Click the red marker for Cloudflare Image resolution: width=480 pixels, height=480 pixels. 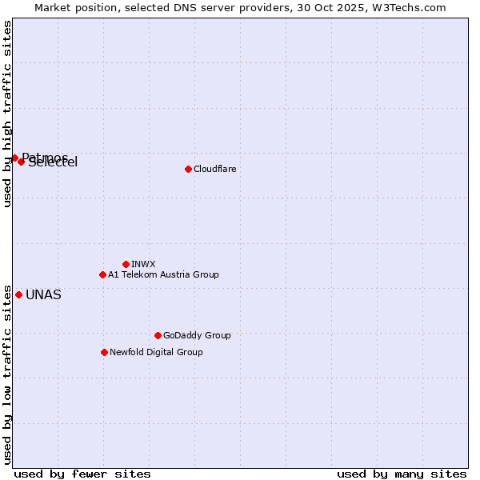188,169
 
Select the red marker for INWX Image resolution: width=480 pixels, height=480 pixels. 126,264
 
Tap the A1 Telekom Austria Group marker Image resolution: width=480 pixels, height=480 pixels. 102,274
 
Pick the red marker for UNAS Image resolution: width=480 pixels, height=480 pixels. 18,294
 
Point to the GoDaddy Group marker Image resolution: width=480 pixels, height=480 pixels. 158,335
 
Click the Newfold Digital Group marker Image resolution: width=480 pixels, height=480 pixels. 104,352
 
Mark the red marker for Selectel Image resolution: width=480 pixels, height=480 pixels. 22,162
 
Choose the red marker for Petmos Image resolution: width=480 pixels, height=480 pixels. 14,158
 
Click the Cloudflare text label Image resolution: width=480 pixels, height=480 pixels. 214,169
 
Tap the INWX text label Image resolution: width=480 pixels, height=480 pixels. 143,264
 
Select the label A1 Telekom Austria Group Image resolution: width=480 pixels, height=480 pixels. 163,274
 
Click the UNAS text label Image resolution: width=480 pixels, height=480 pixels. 43,294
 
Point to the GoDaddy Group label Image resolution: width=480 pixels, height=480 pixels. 197,335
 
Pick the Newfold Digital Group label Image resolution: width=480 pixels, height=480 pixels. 156,352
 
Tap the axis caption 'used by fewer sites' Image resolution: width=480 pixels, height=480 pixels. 82,474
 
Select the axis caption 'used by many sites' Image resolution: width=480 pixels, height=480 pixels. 402,474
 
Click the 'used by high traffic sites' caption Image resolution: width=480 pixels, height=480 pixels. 7,114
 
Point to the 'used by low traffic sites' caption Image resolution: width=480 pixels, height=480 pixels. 7,374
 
